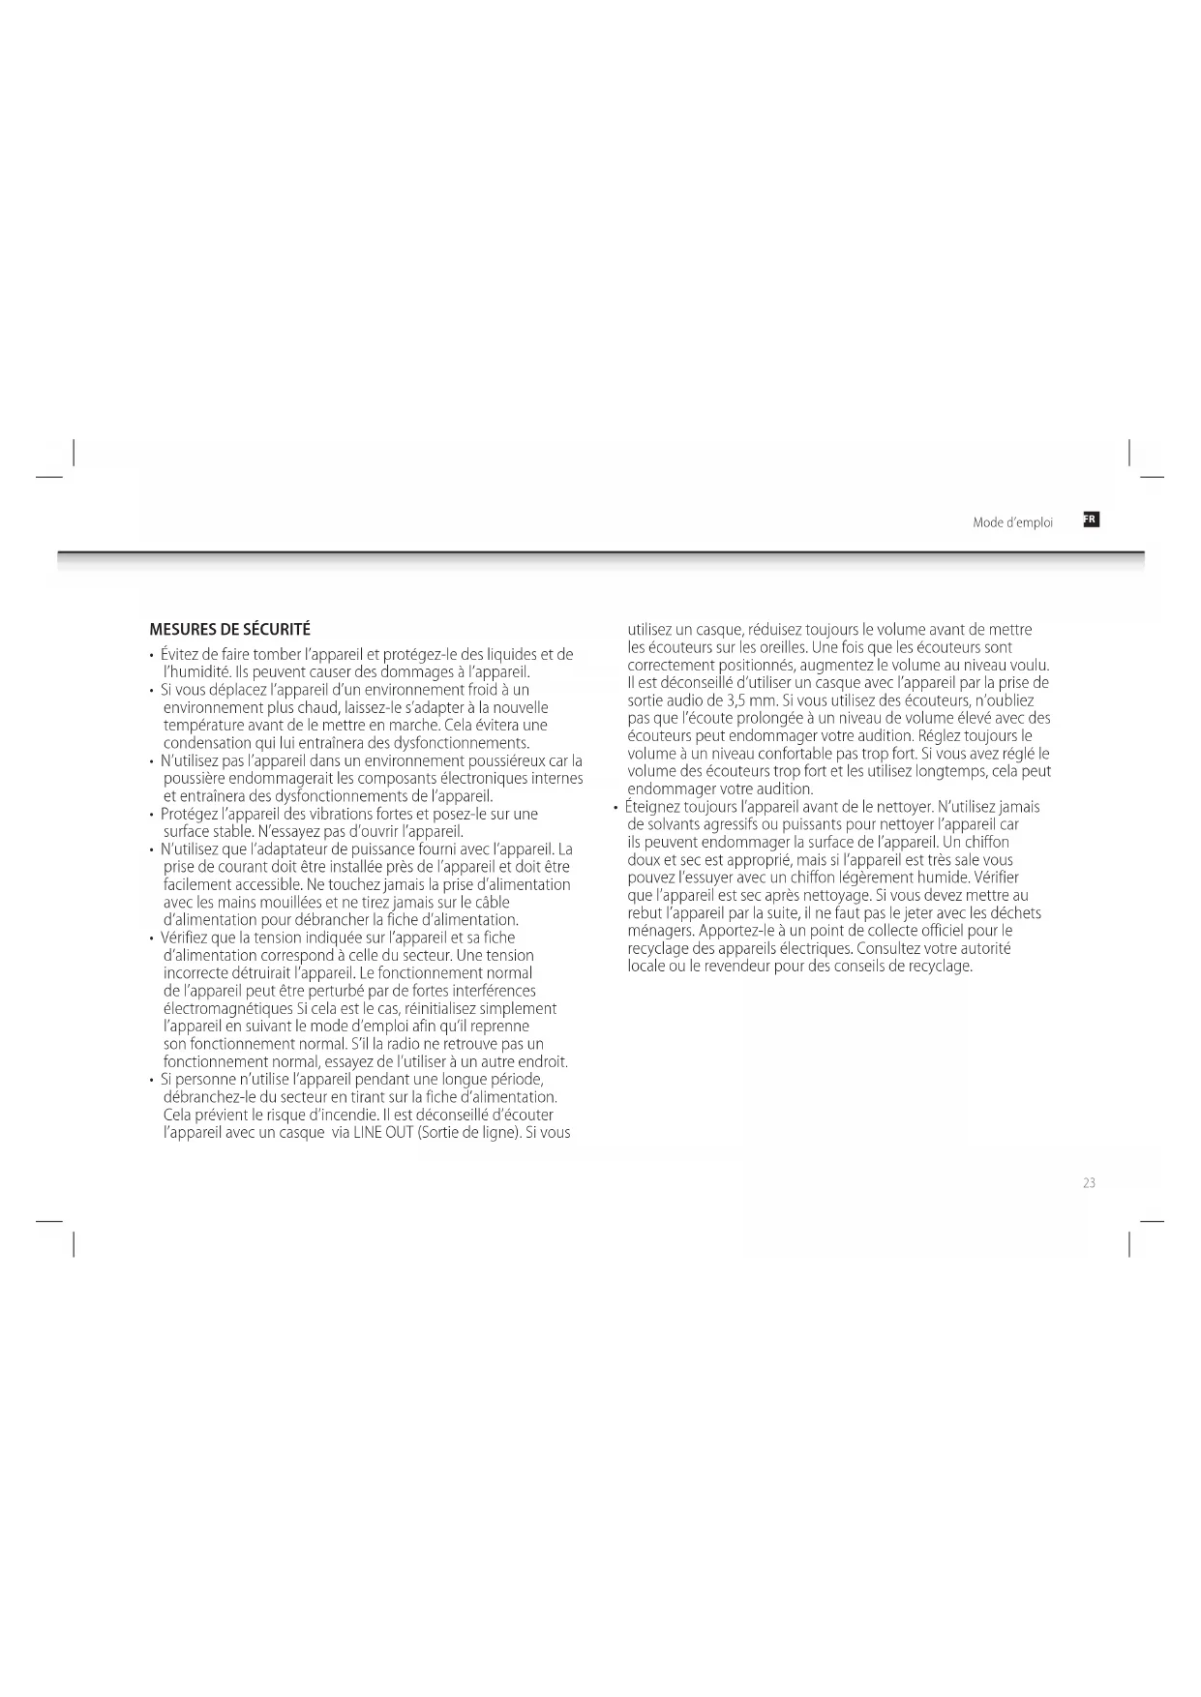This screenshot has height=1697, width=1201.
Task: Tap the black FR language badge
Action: click(1091, 520)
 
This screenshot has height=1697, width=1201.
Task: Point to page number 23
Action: click(1089, 1182)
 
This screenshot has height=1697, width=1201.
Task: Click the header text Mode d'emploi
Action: click(1012, 522)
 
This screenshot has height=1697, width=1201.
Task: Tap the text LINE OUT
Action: click(384, 1132)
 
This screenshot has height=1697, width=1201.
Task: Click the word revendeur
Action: click(737, 966)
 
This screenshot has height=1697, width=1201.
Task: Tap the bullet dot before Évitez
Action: click(152, 655)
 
